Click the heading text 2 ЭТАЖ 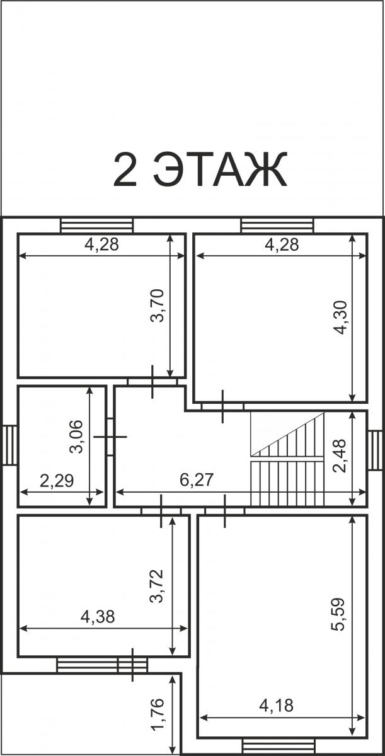(x=200, y=169)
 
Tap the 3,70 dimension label (x=158, y=306)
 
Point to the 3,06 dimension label (x=76, y=437)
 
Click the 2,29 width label (x=57, y=481)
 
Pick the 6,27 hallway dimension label (x=197, y=479)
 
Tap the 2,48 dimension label (x=339, y=456)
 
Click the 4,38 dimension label (x=98, y=617)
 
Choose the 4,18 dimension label (x=277, y=706)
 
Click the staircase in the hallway (x=287, y=459)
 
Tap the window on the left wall (x=10, y=445)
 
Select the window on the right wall (x=374, y=450)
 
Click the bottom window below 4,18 (x=279, y=746)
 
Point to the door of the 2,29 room (x=110, y=437)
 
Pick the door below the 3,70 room (x=152, y=382)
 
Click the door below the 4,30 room (x=222, y=406)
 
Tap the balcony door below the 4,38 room (x=132, y=665)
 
